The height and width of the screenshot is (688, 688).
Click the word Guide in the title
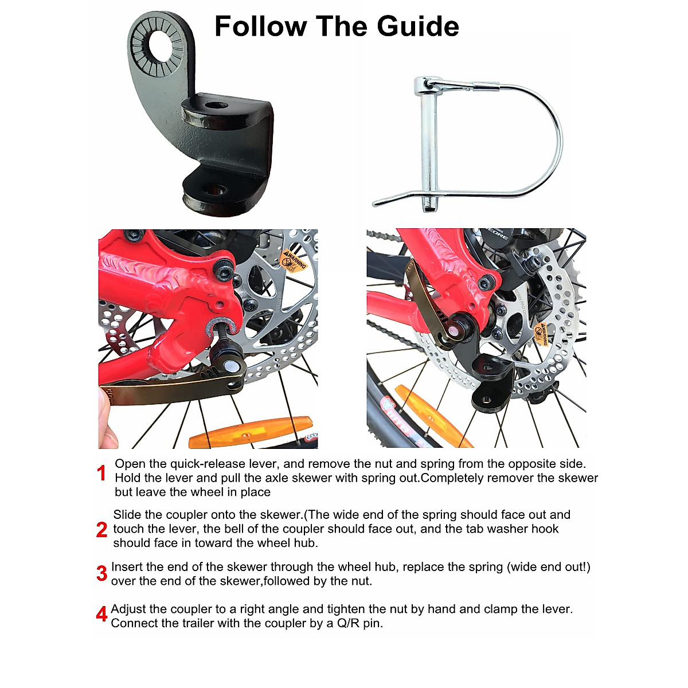click(418, 26)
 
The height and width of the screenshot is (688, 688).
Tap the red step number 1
click(101, 474)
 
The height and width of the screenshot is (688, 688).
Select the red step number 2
click(102, 529)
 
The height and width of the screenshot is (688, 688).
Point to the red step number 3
click(102, 573)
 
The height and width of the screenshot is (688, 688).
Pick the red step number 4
click(101, 615)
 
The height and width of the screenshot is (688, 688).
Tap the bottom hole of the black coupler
click(216, 189)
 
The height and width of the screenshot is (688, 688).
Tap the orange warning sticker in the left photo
click(294, 260)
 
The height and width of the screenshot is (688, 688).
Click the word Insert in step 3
click(127, 567)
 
